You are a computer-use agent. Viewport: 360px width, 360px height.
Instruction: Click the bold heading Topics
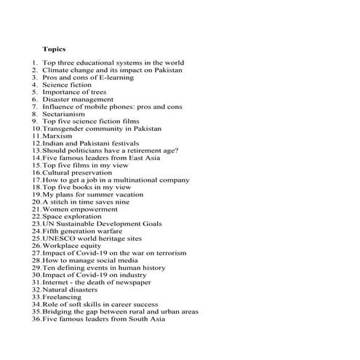tap(54, 48)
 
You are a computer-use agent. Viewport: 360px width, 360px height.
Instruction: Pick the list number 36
tap(36, 319)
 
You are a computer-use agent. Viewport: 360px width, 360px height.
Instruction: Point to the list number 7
tap(34, 106)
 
